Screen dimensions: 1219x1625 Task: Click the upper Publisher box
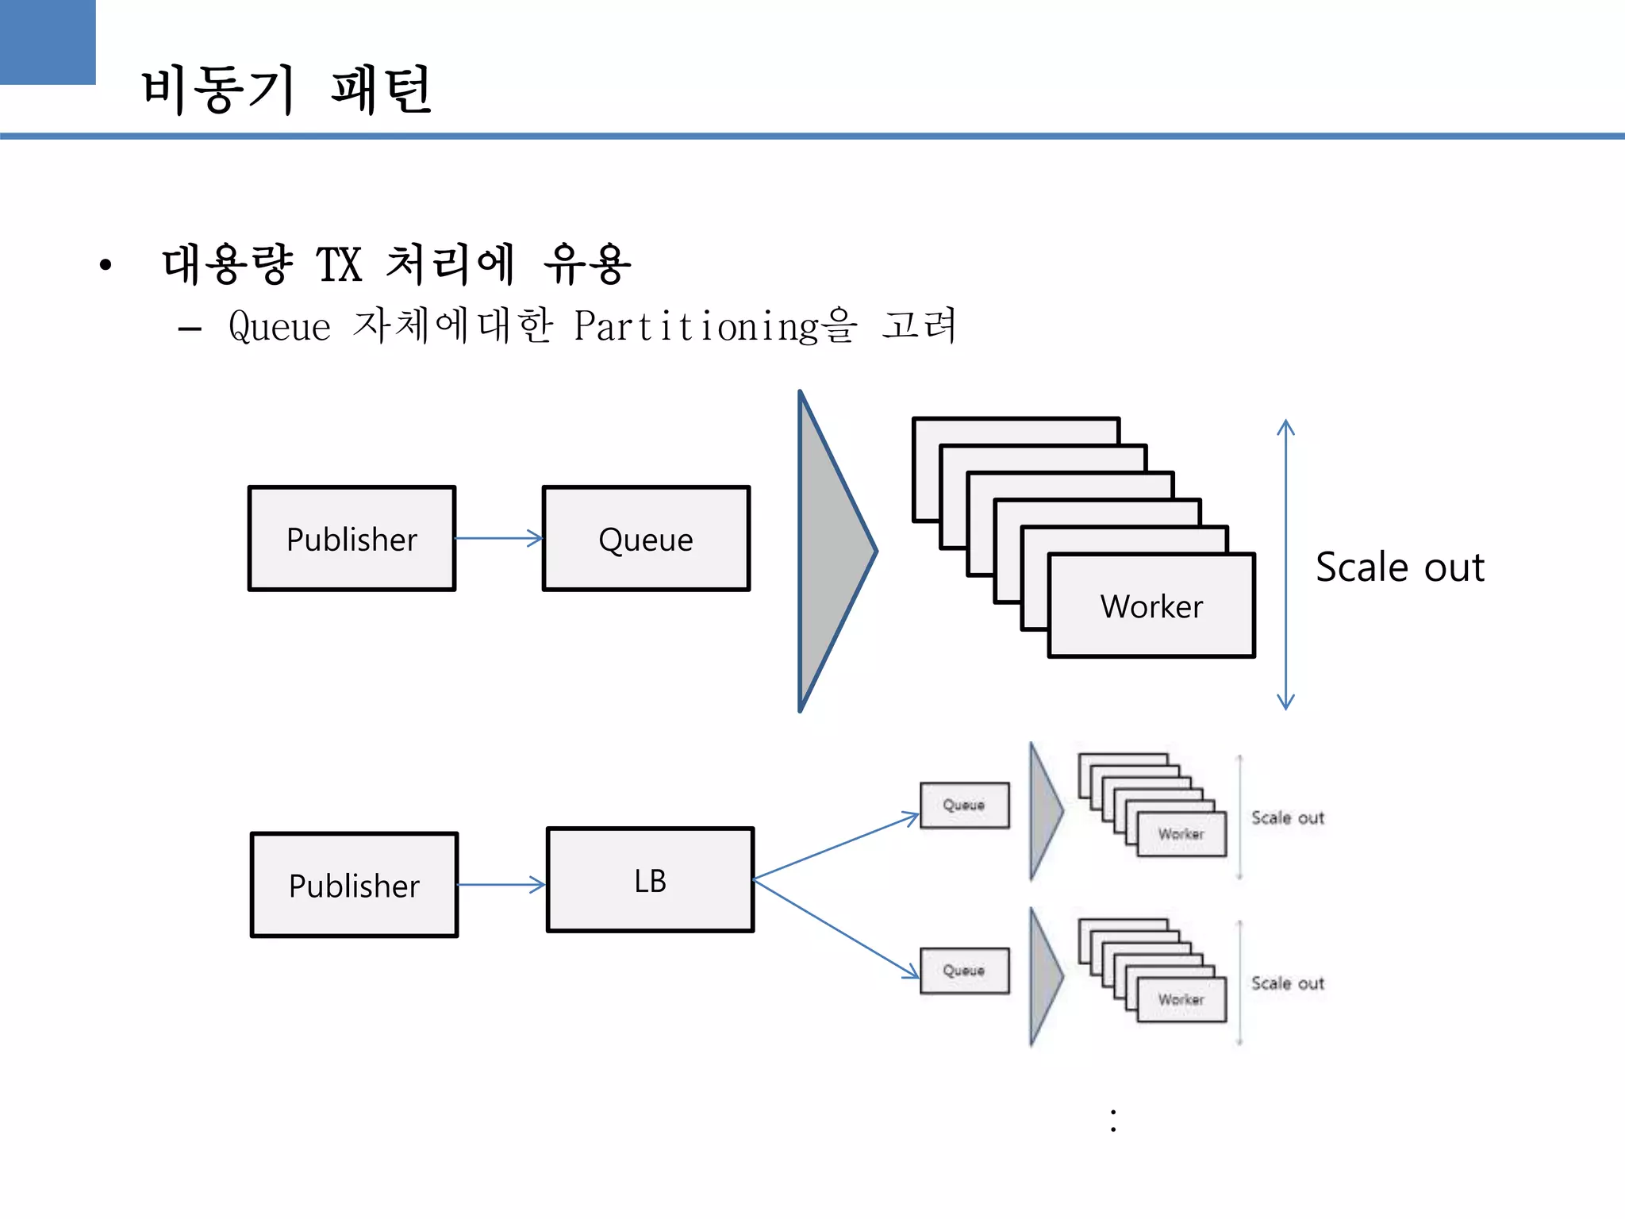tap(352, 539)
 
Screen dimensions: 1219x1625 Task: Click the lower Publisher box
tap(354, 885)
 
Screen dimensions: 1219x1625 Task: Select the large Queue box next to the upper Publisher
tap(646, 539)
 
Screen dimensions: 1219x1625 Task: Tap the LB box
tap(650, 880)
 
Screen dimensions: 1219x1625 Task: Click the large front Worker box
tap(1151, 606)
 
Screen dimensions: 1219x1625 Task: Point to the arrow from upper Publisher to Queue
tap(498, 538)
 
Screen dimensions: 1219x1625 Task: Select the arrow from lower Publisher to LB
tap(501, 884)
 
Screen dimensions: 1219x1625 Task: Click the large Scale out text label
tap(1400, 567)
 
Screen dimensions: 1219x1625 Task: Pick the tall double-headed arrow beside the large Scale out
tap(1285, 564)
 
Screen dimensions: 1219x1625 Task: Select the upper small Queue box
tap(964, 805)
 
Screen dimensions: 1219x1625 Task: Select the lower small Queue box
tap(964, 971)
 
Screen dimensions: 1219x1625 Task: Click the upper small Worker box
tap(1181, 834)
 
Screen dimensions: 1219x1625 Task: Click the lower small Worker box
tap(1181, 1000)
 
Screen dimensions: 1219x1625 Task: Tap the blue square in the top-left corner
tap(47, 41)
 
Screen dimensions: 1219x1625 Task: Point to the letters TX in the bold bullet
tap(339, 264)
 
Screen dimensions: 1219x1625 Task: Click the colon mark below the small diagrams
tap(1113, 1120)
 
